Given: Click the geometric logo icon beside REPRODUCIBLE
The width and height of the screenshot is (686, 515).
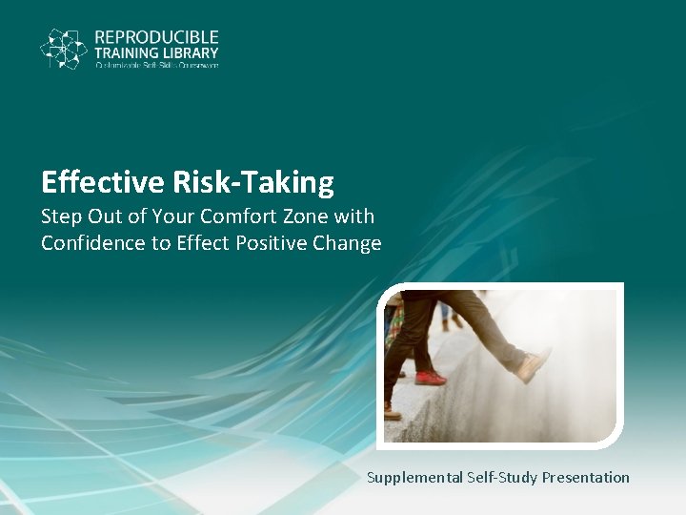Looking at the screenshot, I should click(64, 49).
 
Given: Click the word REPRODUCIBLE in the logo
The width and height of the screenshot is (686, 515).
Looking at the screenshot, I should click(156, 37).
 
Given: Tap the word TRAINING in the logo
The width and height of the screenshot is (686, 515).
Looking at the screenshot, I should click(127, 53).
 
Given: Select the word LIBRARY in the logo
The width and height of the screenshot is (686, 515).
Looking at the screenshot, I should click(191, 53).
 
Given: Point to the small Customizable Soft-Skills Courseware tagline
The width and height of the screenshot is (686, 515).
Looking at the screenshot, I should click(156, 66).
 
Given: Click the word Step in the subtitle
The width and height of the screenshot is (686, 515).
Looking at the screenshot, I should click(61, 216).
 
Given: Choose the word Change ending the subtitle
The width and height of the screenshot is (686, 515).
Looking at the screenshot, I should click(345, 243).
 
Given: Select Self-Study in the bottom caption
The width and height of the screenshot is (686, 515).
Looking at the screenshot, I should click(501, 477).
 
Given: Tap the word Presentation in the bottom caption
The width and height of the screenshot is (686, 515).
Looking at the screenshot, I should click(586, 477).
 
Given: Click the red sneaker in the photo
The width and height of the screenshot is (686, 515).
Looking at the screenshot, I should click(430, 378).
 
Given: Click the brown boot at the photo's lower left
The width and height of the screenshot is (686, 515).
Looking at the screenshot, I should click(392, 412).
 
